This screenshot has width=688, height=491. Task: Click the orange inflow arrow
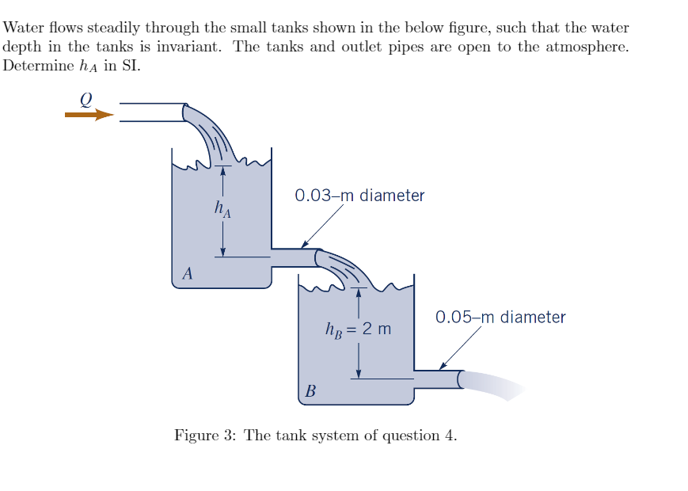click(x=89, y=115)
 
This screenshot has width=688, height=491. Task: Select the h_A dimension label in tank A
click(x=223, y=210)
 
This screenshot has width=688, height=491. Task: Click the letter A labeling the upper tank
click(x=187, y=275)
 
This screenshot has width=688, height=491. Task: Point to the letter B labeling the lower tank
click(x=310, y=391)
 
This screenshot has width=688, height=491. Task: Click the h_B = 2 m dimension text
click(x=358, y=328)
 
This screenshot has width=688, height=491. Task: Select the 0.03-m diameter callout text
click(x=359, y=195)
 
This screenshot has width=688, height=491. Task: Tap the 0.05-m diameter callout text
click(x=500, y=318)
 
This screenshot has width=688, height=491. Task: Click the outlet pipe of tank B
click(x=436, y=379)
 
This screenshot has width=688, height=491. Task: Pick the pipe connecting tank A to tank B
click(x=294, y=257)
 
